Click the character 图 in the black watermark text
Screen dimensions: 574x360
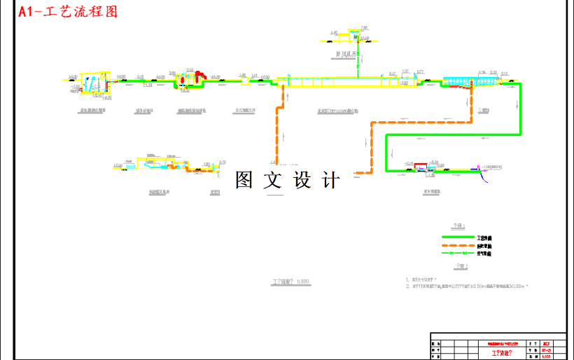click(x=244, y=181)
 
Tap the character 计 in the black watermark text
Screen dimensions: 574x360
click(x=330, y=181)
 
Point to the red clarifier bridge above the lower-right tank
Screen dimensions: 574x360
click(x=422, y=167)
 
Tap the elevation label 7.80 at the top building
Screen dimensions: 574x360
click(x=363, y=27)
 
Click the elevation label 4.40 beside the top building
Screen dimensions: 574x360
click(x=334, y=32)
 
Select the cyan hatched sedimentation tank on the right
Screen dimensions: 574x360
click(x=458, y=82)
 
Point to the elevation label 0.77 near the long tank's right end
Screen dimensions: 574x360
click(x=421, y=72)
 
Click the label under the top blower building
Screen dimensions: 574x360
click(x=344, y=52)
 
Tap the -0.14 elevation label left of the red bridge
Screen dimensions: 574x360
click(x=408, y=162)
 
